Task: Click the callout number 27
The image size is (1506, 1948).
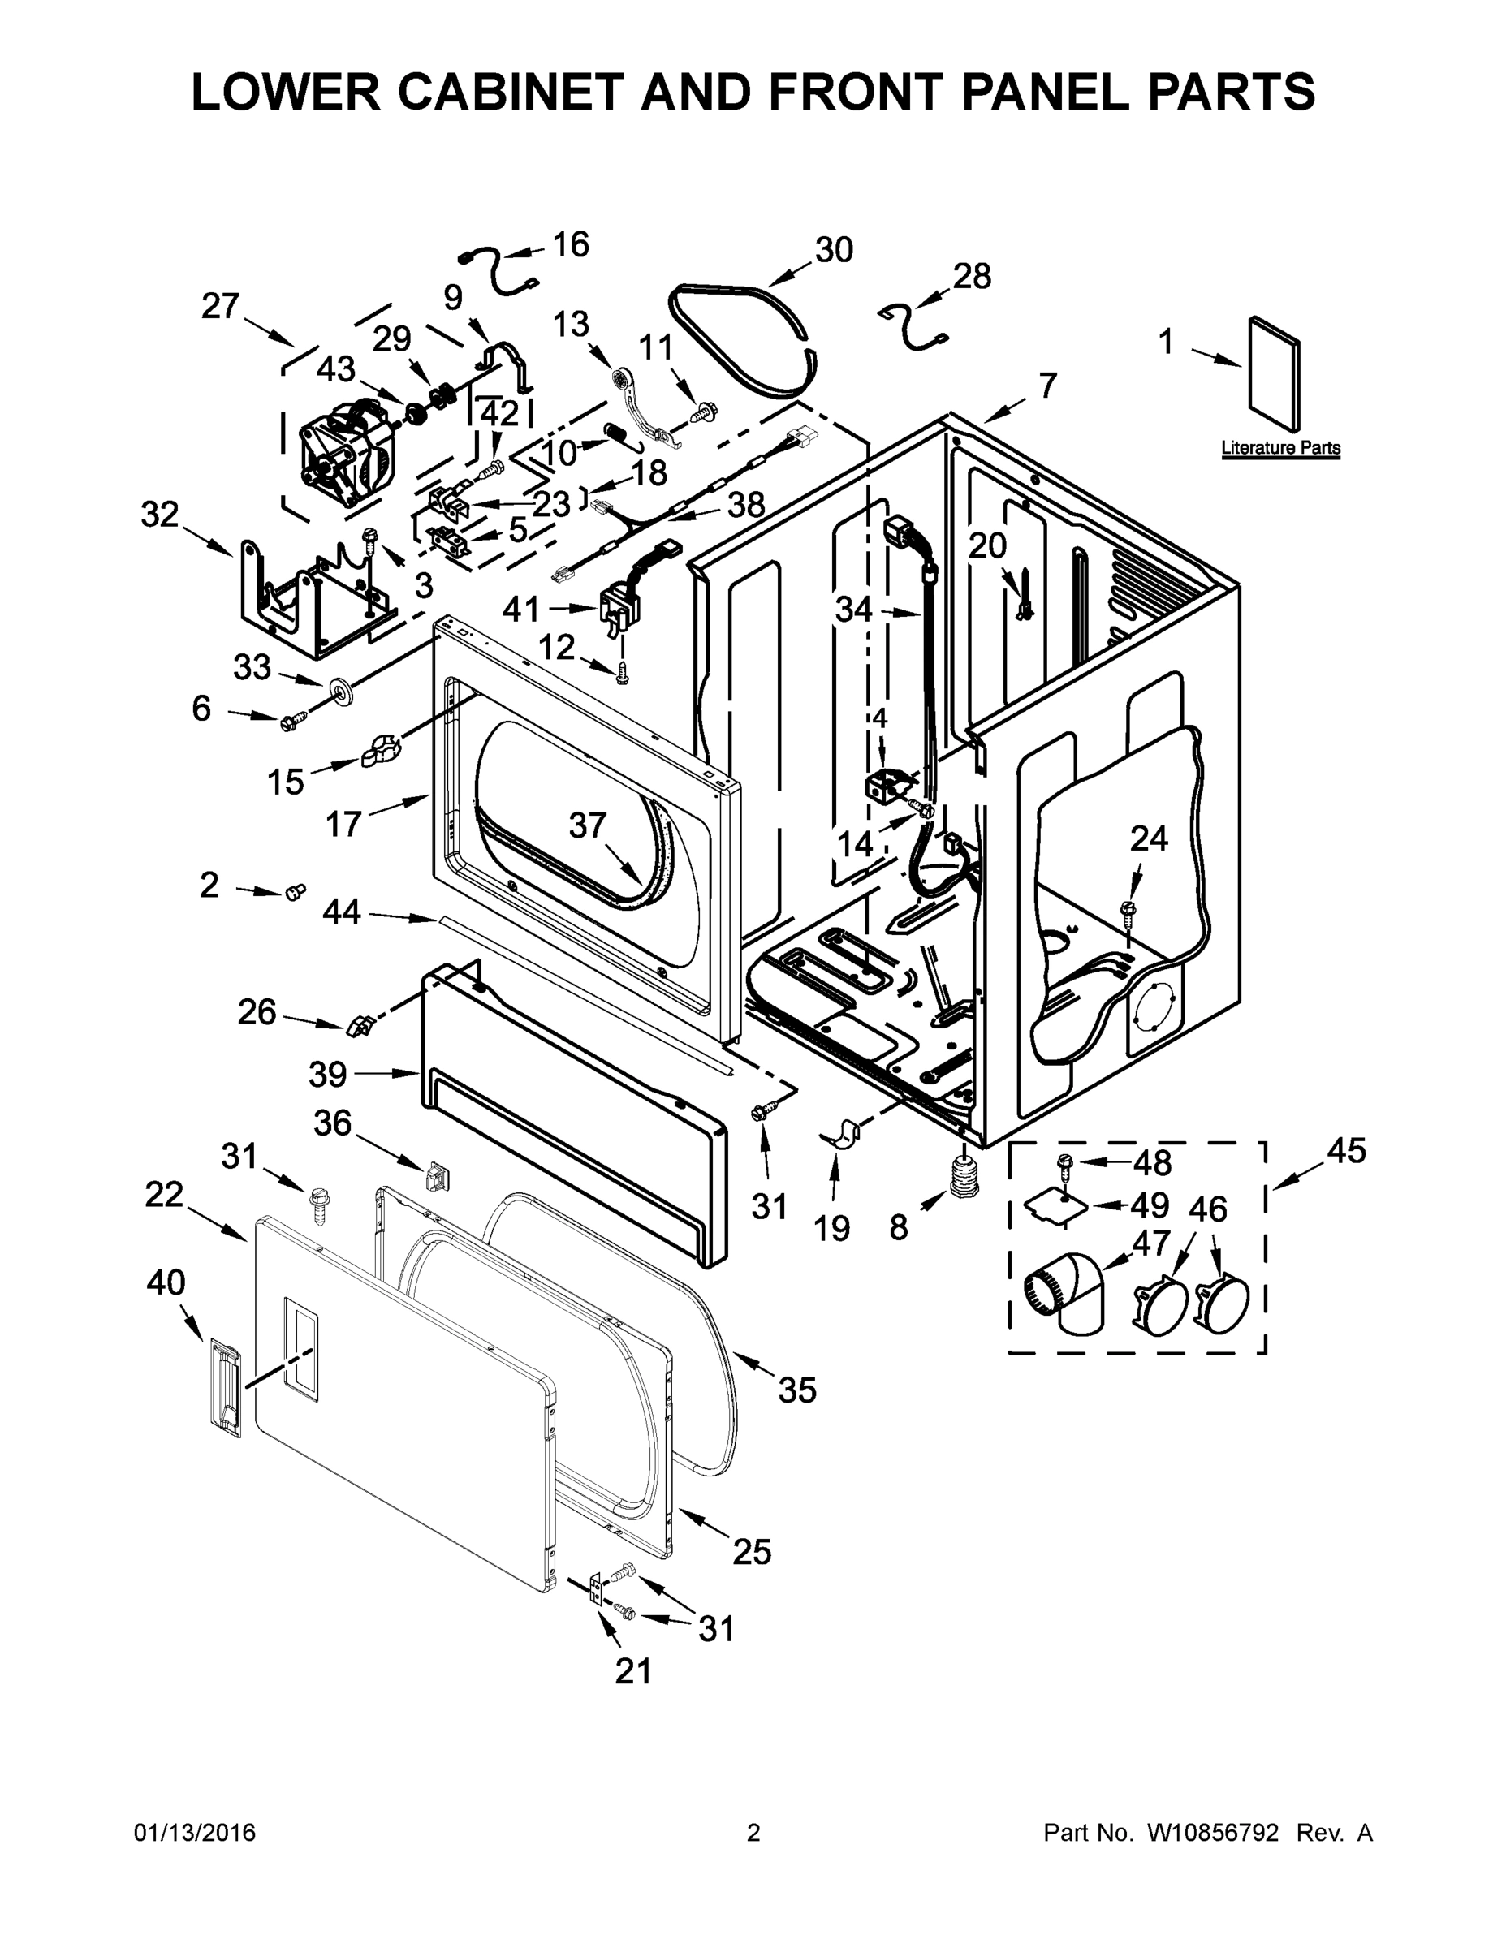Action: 219,306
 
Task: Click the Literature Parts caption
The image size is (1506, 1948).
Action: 1279,448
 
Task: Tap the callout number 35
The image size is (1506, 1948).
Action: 796,1390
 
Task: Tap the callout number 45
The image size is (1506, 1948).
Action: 1345,1151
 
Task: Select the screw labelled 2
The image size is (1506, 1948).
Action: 296,891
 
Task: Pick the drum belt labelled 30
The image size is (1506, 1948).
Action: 745,334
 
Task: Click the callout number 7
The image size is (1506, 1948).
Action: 1046,386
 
